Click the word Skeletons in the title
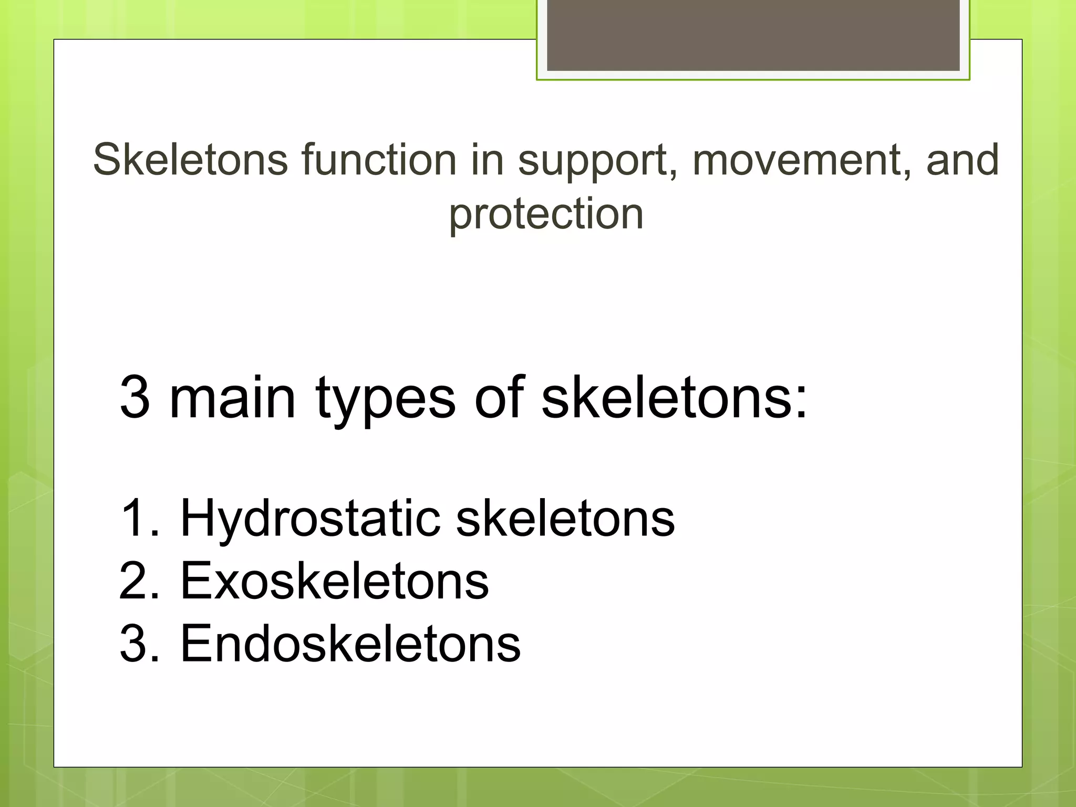point(190,160)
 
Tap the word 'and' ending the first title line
point(962,160)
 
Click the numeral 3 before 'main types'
point(135,398)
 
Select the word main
point(232,398)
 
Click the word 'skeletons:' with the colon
point(674,398)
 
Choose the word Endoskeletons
point(350,644)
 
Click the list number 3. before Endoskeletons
point(139,644)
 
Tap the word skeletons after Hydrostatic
point(565,519)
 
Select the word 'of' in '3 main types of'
point(499,398)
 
